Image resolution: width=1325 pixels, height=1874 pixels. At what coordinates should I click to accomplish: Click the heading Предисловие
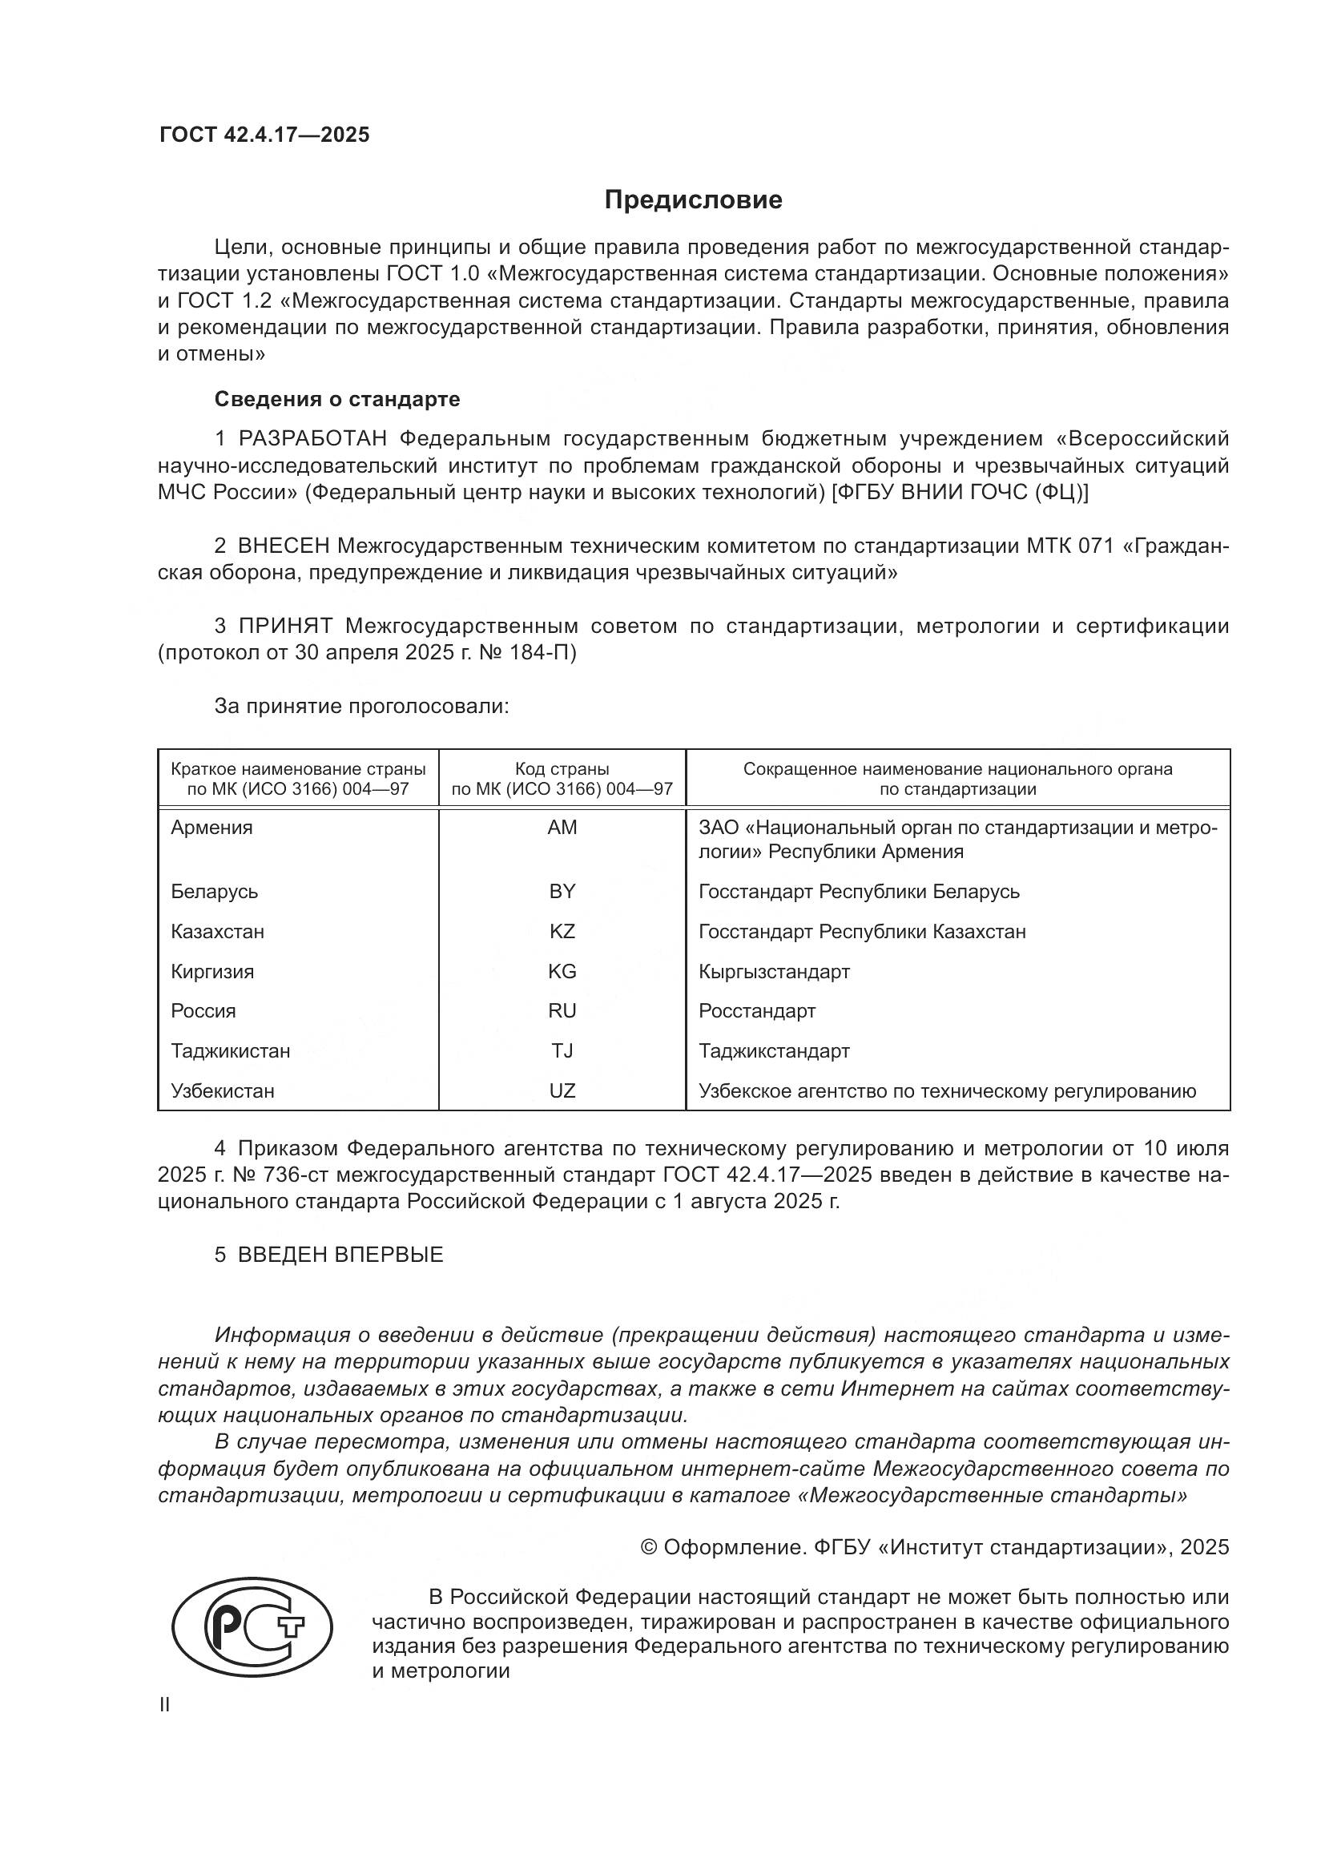pyautogui.click(x=693, y=200)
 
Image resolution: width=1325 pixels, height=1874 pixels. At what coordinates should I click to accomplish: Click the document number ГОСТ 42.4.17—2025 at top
pyautogui.click(x=264, y=135)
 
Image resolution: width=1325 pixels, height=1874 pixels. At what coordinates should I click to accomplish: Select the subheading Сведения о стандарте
pyautogui.click(x=337, y=399)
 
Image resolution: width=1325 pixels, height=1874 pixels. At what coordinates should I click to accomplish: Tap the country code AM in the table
pyautogui.click(x=562, y=828)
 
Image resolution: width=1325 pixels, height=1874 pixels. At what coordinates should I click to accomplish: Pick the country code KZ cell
pyautogui.click(x=562, y=931)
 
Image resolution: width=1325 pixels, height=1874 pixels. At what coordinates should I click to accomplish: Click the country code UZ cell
pyautogui.click(x=562, y=1090)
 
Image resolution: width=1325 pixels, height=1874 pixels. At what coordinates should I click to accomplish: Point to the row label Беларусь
pyautogui.click(x=215, y=891)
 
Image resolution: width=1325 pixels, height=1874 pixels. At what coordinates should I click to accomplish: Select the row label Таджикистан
pyautogui.click(x=230, y=1050)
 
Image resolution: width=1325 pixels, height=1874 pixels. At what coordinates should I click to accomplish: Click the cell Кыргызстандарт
pyautogui.click(x=774, y=971)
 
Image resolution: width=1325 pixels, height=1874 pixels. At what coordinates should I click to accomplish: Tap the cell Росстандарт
pyautogui.click(x=756, y=1010)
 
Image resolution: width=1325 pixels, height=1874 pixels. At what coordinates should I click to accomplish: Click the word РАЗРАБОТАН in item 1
pyautogui.click(x=312, y=439)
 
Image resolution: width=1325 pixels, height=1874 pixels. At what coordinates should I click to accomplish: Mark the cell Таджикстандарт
pyautogui.click(x=774, y=1050)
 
